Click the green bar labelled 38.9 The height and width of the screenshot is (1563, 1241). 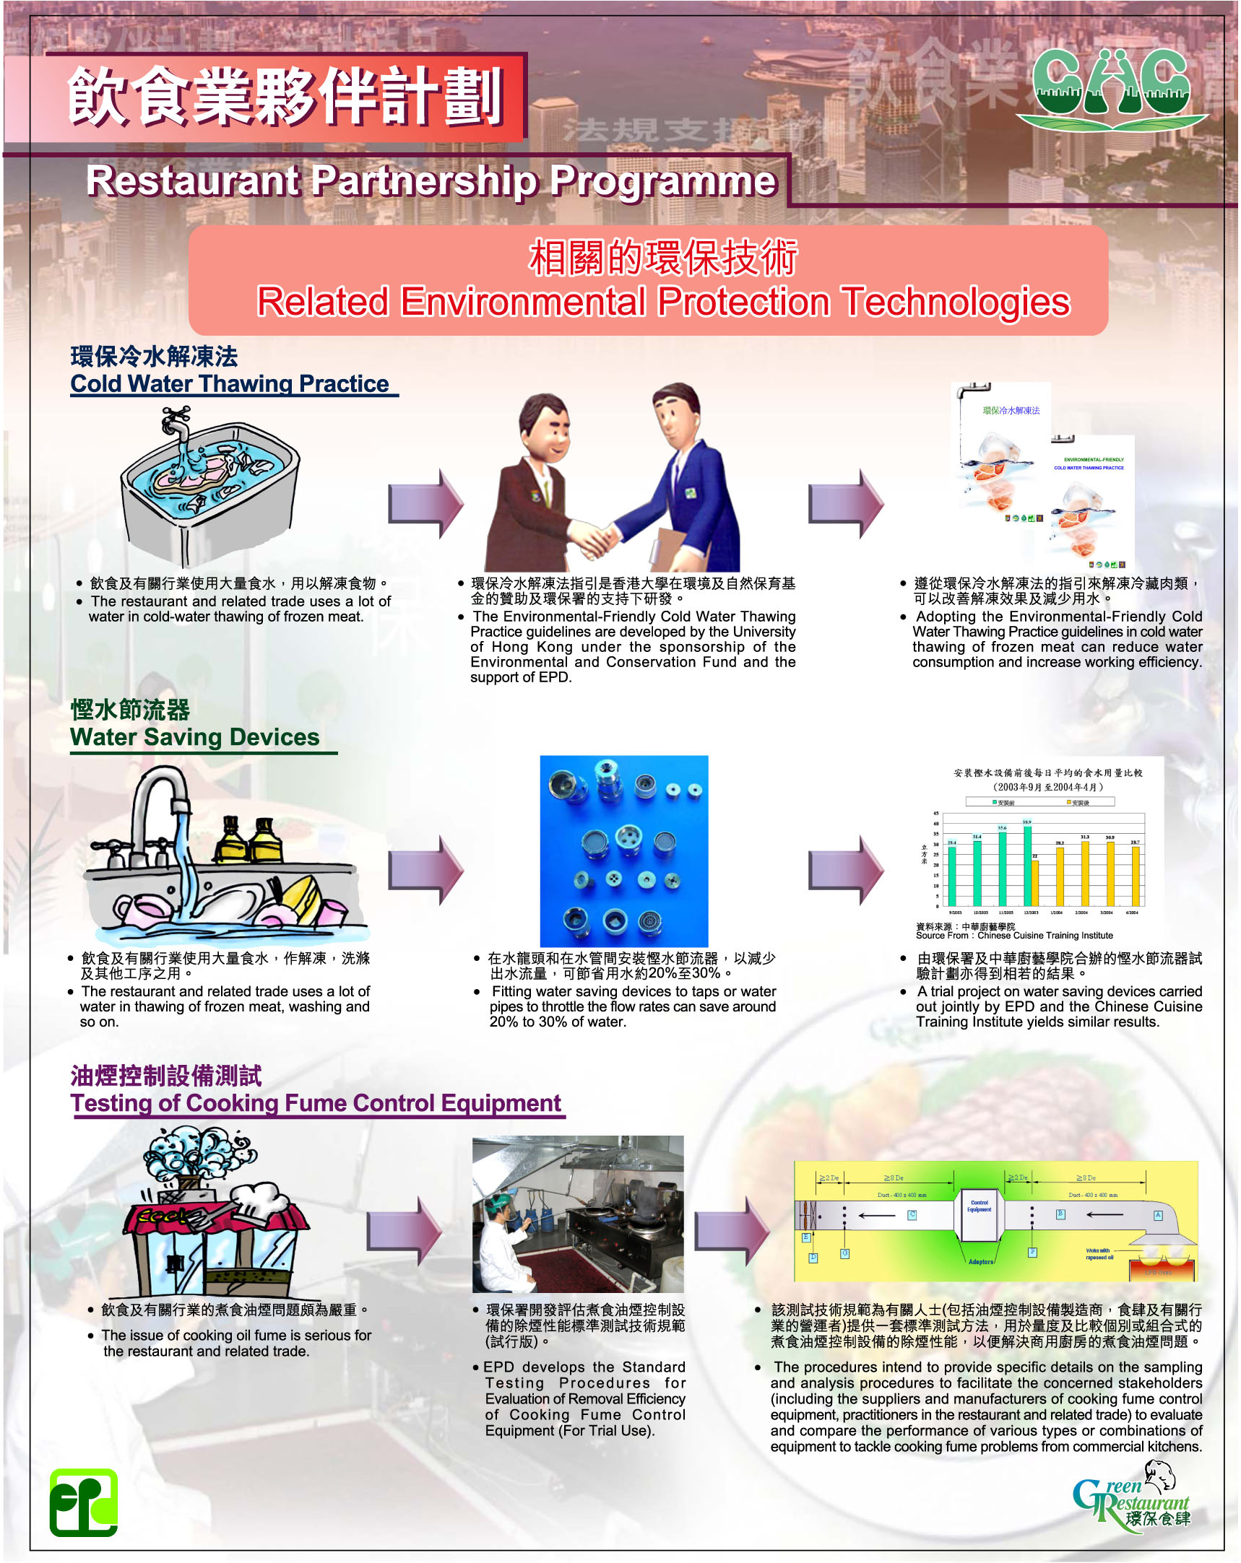click(1027, 866)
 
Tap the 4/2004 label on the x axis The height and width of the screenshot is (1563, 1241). click(1132, 913)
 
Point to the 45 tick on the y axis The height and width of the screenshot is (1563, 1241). click(935, 814)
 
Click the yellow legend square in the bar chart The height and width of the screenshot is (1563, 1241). click(1069, 803)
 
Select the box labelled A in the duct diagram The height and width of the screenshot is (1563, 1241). click(1158, 1216)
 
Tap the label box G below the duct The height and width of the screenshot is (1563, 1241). click(844, 1253)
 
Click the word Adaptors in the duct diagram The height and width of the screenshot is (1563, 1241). click(981, 1262)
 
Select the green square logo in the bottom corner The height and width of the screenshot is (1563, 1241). click(83, 1502)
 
